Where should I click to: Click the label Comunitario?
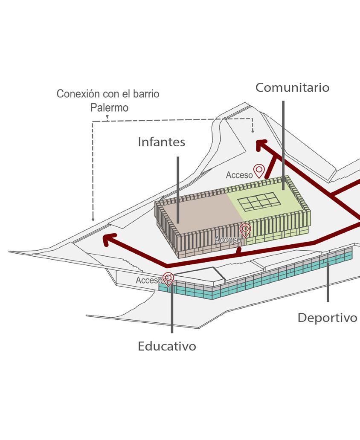coord(292,87)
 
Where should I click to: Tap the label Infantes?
coord(161,142)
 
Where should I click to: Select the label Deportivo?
coord(327,318)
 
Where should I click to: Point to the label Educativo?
coord(167,346)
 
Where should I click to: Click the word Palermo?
coord(109,107)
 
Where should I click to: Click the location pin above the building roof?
coord(259,171)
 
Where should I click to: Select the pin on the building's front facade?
coord(245,230)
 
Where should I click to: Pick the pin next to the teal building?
coord(168,279)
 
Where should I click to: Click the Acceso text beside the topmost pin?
coord(239,175)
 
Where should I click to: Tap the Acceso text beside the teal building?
coord(148,281)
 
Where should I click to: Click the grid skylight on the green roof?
coord(257,201)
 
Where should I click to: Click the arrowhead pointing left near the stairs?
coord(110,240)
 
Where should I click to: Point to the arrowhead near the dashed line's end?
coord(261,146)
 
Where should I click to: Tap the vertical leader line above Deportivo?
coord(328,281)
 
